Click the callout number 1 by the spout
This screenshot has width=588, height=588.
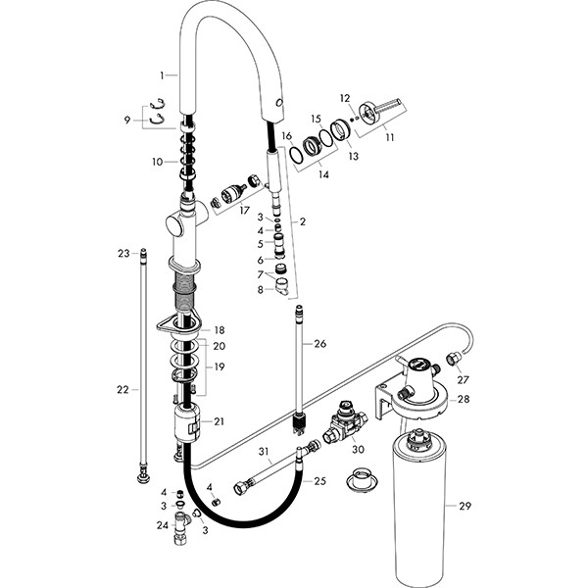[x=164, y=74]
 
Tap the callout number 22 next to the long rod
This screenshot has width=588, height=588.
[x=122, y=389]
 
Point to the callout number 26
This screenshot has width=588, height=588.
[x=320, y=343]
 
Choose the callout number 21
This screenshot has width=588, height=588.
[x=219, y=421]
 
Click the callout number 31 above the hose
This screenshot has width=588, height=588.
[x=264, y=452]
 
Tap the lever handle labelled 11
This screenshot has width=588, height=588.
[x=376, y=110]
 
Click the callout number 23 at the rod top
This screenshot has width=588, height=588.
[x=123, y=254]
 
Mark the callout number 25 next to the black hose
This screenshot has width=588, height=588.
[x=319, y=481]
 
